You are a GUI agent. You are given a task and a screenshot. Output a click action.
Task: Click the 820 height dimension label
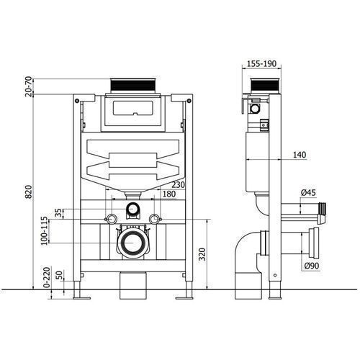point(29,192)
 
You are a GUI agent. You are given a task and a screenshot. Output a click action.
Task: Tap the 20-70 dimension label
point(29,86)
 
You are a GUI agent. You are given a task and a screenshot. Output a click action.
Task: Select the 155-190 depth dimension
point(262,64)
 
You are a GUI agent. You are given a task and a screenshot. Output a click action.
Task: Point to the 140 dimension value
point(300,155)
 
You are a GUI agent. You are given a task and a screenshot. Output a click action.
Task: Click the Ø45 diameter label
point(308,192)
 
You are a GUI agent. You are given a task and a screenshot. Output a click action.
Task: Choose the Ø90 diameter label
point(312,266)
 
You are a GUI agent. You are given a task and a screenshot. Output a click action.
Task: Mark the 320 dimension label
point(202,254)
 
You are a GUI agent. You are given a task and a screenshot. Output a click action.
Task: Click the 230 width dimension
point(179,185)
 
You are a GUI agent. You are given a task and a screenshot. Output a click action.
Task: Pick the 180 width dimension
point(169,194)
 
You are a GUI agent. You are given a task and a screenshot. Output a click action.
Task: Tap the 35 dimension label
point(58,212)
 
